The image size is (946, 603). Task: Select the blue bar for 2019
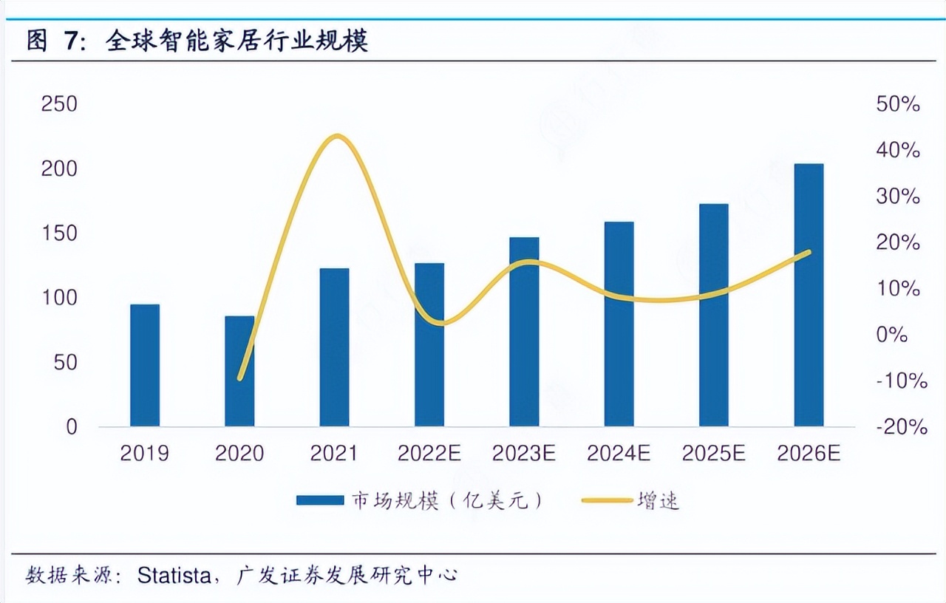point(144,365)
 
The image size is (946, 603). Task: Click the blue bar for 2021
point(334,347)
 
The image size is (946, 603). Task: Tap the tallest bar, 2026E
point(809,295)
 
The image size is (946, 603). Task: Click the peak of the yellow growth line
point(337,136)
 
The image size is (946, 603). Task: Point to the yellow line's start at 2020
point(239,378)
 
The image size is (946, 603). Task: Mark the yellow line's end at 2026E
point(809,252)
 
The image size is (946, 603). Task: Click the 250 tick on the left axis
point(58,104)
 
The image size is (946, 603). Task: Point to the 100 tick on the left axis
point(58,298)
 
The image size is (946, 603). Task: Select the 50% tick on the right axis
point(898,104)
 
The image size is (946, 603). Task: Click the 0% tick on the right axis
point(892,335)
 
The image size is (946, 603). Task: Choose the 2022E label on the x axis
point(429,453)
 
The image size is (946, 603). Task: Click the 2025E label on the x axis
point(714,453)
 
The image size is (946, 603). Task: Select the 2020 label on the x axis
point(239,453)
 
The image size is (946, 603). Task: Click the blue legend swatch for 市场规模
point(319,500)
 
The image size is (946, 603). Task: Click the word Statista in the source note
point(174,575)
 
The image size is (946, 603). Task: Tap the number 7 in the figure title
point(69,41)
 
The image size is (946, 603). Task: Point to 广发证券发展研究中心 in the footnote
point(347,575)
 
